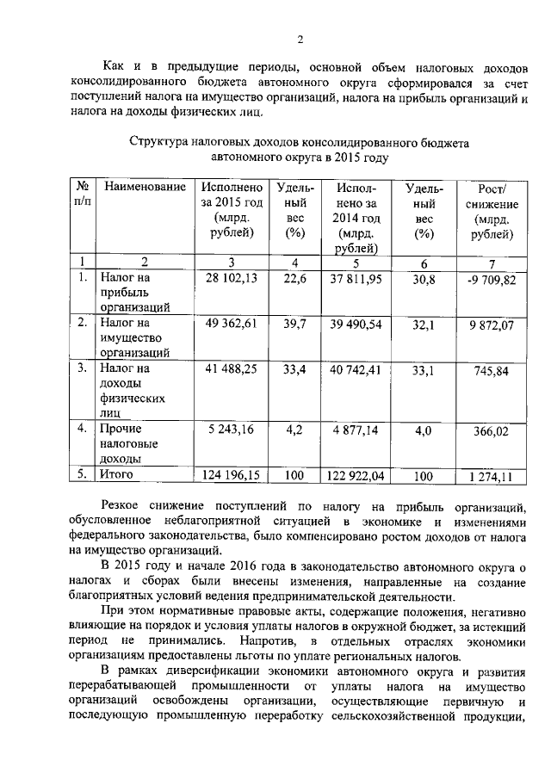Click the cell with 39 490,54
point(355,322)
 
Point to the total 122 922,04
point(355,474)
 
